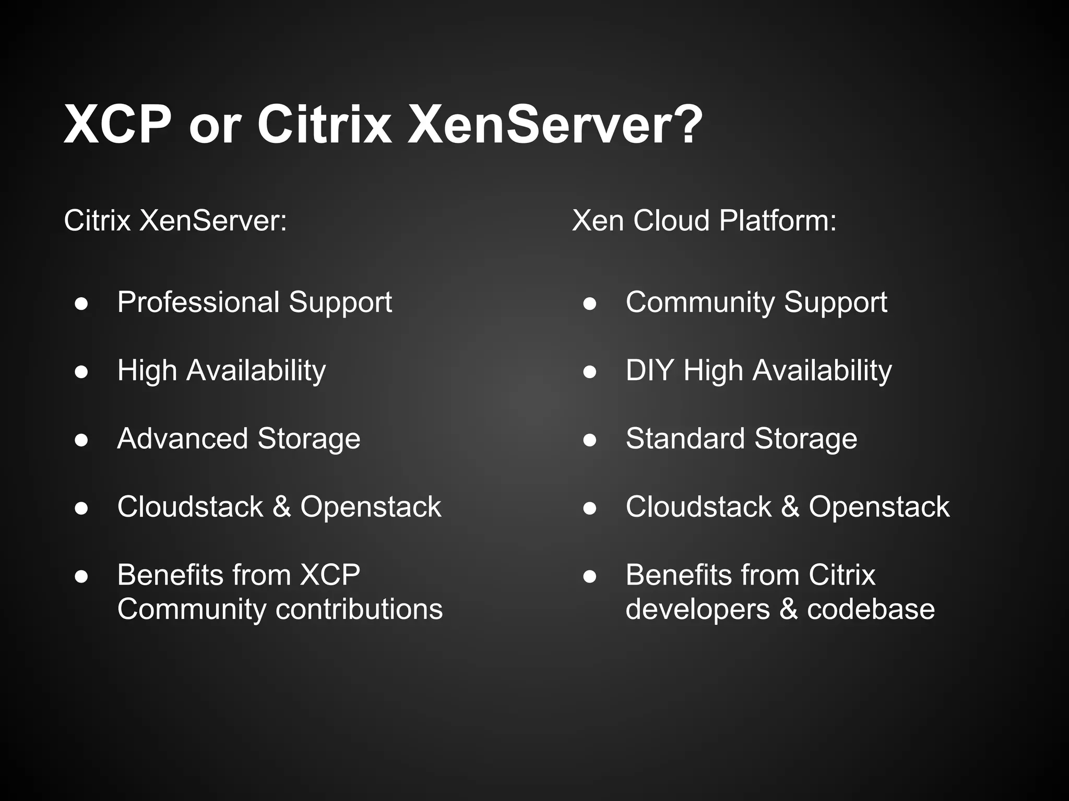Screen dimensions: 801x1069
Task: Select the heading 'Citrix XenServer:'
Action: [175, 220]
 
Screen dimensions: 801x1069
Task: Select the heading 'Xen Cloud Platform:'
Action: [704, 220]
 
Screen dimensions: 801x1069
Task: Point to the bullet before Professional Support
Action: [81, 304]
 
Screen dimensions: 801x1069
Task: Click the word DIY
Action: [649, 370]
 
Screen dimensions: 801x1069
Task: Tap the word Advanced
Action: [182, 438]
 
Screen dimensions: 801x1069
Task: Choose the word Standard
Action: [685, 438]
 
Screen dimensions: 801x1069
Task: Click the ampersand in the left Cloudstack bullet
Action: [281, 506]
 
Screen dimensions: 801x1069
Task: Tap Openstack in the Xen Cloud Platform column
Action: [879, 506]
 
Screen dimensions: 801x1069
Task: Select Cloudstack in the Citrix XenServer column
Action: [190, 506]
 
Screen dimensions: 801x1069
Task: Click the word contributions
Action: [359, 609]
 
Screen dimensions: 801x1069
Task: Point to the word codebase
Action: [871, 609]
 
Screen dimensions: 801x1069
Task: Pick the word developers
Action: [697, 610]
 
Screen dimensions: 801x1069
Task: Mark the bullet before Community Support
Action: [590, 304]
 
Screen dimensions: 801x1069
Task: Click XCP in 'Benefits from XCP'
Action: [330, 575]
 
